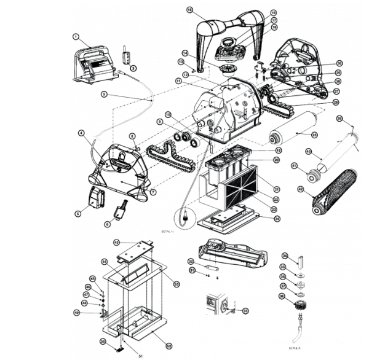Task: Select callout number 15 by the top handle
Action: [189, 10]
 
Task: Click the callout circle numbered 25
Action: [314, 134]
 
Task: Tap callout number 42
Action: [301, 189]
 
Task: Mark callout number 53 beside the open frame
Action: [177, 284]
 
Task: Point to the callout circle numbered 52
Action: [169, 338]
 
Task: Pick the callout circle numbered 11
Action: [177, 80]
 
